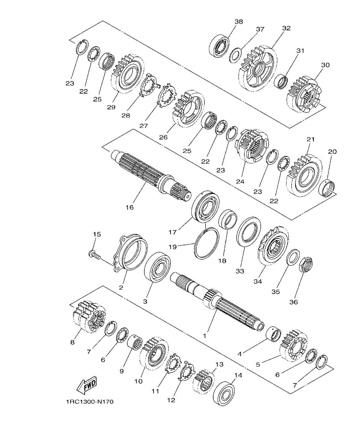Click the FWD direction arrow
86,386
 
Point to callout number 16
130,207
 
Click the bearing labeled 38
220,47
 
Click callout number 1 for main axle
205,336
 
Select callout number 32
286,28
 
